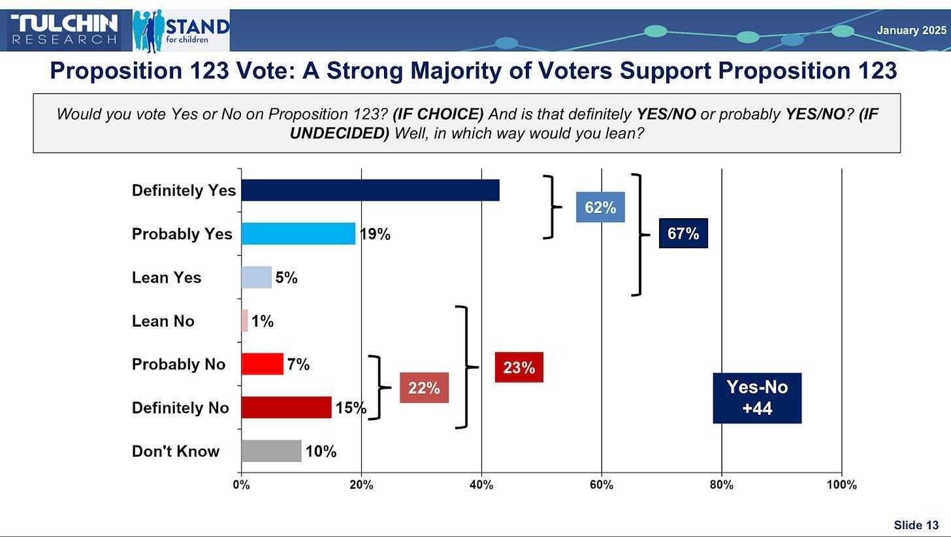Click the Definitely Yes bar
coord(370,190)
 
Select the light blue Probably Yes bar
coord(298,234)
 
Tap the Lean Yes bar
coord(256,278)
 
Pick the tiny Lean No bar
coord(244,321)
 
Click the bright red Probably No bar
coord(262,364)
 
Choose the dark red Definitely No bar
coord(286,408)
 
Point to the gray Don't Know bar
coord(271,451)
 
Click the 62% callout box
coord(600,207)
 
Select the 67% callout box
coord(683,233)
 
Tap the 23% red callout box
coord(519,367)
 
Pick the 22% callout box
coord(424,387)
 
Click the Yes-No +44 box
coord(757,398)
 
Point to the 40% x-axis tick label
coord(481,485)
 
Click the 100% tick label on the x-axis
coord(841,485)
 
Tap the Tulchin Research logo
coord(64,30)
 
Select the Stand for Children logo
coord(181,31)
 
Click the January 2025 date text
coord(911,30)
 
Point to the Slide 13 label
coord(916,525)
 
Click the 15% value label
coord(350,408)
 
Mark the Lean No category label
coord(163,321)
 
